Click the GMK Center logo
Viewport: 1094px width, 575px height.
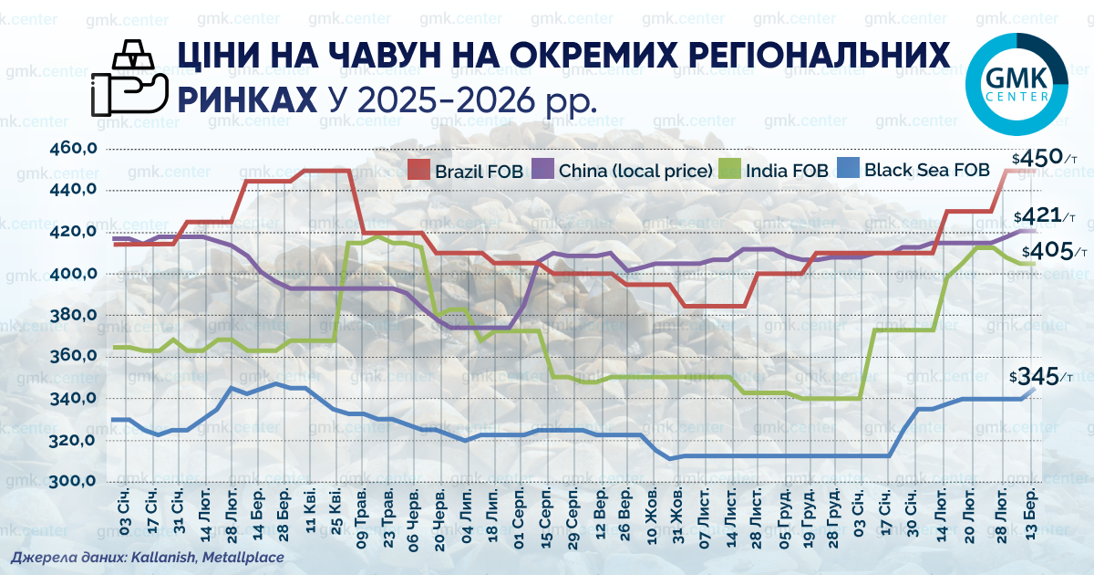click(1017, 84)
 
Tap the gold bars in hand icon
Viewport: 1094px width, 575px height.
click(129, 78)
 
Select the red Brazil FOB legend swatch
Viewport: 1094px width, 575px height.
click(418, 169)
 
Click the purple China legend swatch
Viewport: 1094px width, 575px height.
click(542, 169)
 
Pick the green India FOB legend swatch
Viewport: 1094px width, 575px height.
click(729, 169)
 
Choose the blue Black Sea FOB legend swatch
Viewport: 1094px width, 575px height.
click(849, 168)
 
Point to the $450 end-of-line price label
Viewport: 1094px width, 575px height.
click(1044, 158)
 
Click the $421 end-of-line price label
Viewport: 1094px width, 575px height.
click(1045, 215)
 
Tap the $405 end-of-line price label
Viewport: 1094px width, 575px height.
click(1055, 251)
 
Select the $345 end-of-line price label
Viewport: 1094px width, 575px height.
click(1041, 376)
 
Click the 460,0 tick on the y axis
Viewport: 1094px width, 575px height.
click(73, 148)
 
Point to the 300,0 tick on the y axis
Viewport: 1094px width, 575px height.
click(73, 481)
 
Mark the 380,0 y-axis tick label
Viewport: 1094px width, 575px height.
click(73, 315)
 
